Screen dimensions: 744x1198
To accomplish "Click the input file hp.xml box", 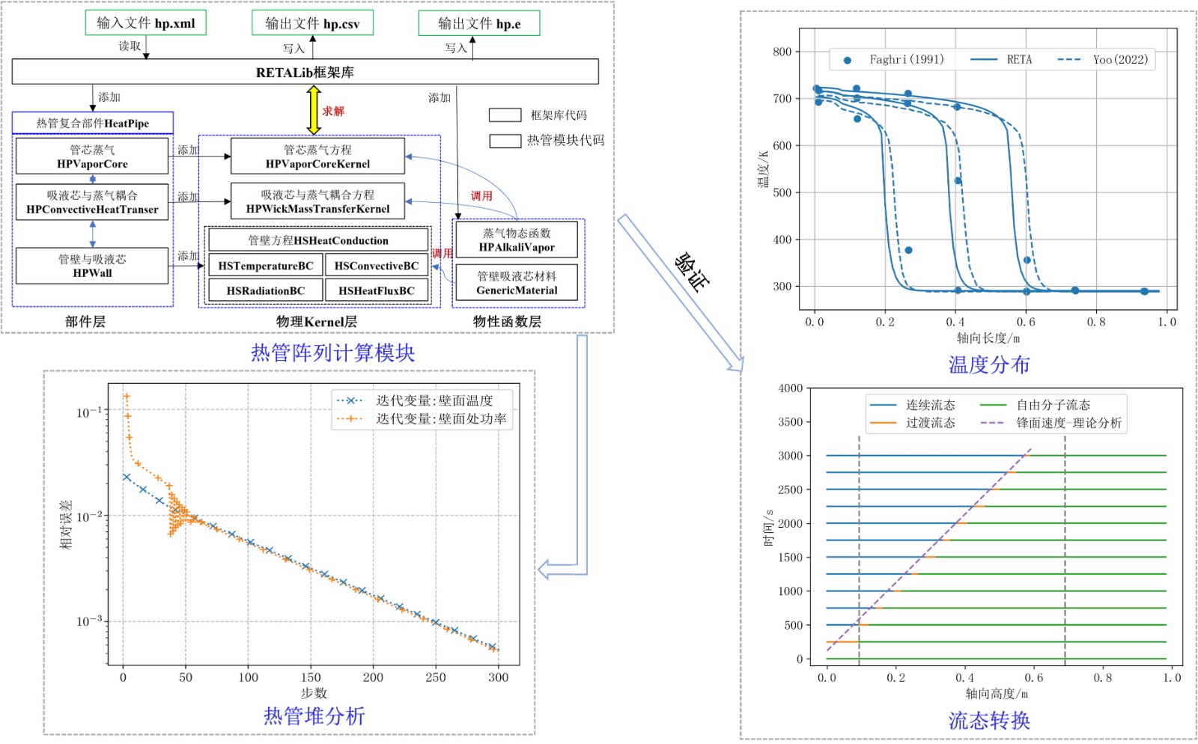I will point(145,23).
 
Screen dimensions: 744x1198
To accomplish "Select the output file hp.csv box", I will point(312,23).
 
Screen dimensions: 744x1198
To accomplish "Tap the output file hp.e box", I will point(478,23).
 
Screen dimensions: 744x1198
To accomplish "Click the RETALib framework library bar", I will point(305,72).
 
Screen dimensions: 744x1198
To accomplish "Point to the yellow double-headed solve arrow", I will point(314,110).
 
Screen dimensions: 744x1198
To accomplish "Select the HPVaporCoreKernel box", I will point(317,156).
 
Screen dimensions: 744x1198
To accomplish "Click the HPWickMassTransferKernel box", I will point(317,201).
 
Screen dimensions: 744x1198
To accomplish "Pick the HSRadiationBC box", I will point(265,290).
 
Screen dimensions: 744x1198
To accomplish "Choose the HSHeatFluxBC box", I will point(377,290).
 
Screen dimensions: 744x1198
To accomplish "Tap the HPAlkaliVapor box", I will point(517,240).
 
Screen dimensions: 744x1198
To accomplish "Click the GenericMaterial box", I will point(517,283).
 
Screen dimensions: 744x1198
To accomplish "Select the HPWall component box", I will point(92,266).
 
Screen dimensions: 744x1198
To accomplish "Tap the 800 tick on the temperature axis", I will point(782,52).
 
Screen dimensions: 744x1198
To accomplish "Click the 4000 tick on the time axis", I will point(790,388).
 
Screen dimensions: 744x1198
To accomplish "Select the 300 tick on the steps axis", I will point(498,677).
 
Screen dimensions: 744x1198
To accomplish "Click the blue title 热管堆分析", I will point(314,716).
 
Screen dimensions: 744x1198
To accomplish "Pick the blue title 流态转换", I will point(989,721).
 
